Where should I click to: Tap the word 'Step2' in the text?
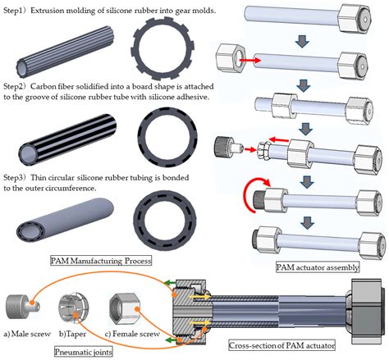click(x=16, y=85)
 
